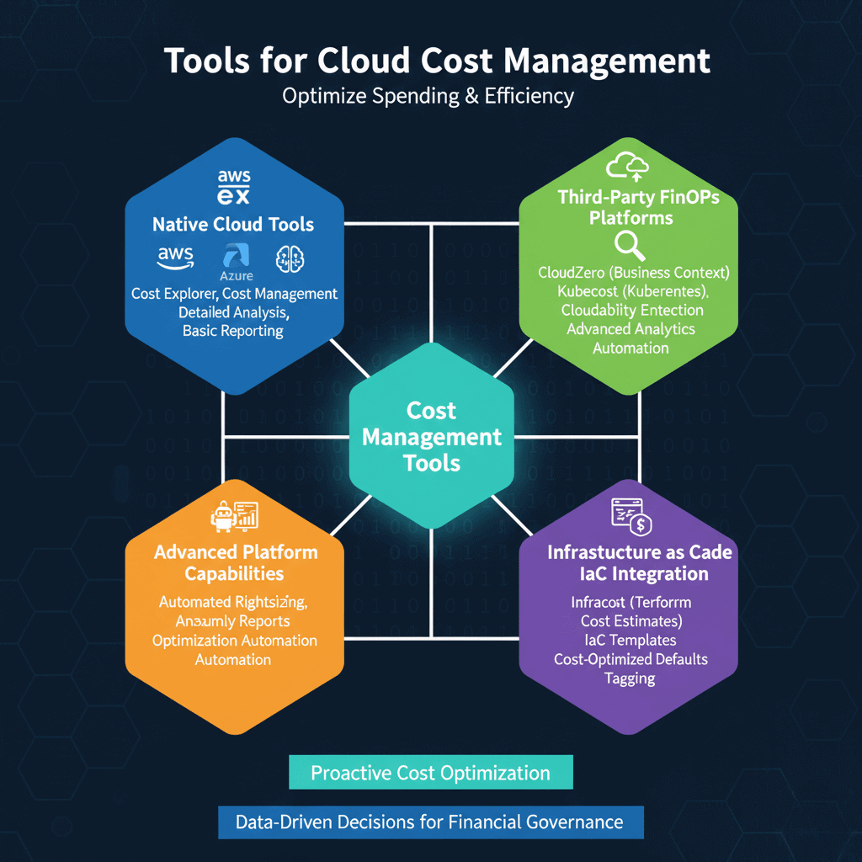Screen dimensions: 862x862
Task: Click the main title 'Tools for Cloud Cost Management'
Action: coord(436,61)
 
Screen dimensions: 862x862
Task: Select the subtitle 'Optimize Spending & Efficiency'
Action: coord(428,96)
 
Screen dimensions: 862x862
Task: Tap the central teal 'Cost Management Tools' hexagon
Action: coord(431,436)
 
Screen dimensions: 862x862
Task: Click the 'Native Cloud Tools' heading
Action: coord(233,225)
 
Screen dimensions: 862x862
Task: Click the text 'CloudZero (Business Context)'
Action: coord(633,273)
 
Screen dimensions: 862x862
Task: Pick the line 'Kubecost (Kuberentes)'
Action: coord(631,291)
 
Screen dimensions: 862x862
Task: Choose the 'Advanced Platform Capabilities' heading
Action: coord(235,563)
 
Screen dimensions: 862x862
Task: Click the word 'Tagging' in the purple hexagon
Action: coord(631,678)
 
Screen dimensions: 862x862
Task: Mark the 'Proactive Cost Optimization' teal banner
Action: coord(430,773)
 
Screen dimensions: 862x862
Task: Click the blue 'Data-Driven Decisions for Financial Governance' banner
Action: coord(429,822)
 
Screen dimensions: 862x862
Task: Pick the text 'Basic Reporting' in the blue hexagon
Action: coord(233,331)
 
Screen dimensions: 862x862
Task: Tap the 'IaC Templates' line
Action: coord(631,640)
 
